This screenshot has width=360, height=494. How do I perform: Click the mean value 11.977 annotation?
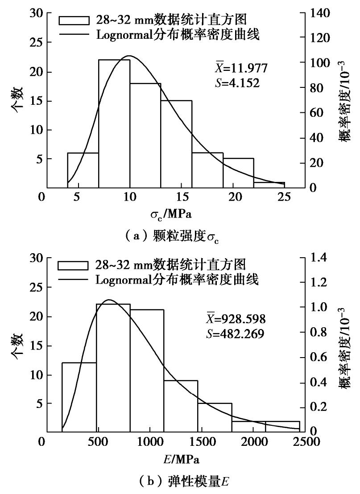coord(241,68)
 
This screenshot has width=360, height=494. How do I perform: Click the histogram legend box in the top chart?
coord(73,21)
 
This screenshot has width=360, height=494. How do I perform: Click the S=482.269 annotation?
coord(239,333)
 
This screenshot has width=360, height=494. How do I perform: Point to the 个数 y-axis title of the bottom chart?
coord(18,346)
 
